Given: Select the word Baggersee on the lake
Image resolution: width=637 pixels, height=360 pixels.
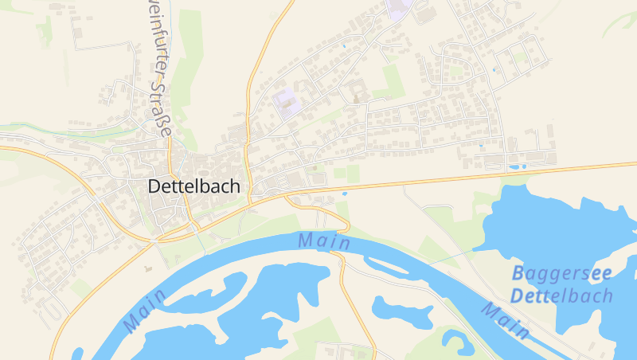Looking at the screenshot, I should [x=561, y=273].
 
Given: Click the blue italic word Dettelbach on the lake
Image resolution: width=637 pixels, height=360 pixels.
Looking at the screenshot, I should [x=561, y=296].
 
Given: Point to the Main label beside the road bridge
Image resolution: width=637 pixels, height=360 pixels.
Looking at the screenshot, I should [x=324, y=240].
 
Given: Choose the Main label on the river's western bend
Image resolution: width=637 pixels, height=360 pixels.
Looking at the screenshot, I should [x=146, y=310].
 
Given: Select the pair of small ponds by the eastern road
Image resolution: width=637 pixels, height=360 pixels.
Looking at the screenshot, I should [x=517, y=166].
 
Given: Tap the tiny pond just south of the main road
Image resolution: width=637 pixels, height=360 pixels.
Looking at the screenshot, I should [x=344, y=193].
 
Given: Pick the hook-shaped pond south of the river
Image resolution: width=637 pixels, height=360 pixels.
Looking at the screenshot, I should [x=457, y=340].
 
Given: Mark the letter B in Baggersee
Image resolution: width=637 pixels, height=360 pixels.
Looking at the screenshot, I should [x=518, y=273].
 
